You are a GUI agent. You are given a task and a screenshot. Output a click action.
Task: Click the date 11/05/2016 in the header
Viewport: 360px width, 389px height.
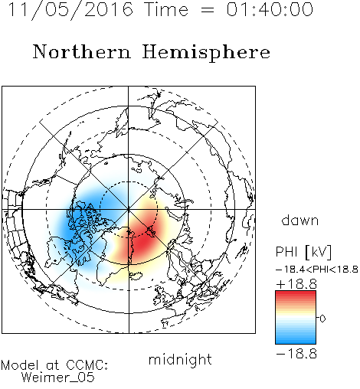(71, 10)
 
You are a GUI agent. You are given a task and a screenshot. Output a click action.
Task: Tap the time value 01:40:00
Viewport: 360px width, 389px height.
(270, 9)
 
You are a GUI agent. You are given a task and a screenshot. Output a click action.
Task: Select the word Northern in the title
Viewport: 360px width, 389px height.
(82, 51)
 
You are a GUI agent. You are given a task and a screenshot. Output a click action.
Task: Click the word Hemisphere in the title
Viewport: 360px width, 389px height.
(206, 52)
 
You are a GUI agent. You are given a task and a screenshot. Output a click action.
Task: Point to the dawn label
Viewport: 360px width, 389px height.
(300, 220)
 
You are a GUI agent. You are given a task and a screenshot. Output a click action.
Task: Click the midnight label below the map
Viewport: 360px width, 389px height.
(180, 360)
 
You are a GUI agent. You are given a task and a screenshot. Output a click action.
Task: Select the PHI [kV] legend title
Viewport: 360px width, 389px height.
(303, 252)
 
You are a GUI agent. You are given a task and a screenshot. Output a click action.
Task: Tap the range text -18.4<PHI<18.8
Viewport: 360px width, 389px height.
(317, 270)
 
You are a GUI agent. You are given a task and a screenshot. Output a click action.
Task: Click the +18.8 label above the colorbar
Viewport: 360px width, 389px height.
(296, 284)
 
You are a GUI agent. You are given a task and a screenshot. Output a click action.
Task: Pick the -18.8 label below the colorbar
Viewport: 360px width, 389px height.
(296, 354)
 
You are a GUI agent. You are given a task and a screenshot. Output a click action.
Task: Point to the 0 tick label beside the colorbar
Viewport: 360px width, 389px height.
(322, 319)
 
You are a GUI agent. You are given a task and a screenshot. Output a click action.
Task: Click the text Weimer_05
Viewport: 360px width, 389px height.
(58, 378)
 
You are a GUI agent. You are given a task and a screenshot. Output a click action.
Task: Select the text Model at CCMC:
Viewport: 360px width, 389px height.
(54, 364)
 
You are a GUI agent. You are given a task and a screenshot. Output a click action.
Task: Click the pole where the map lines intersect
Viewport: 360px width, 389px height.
(129, 210)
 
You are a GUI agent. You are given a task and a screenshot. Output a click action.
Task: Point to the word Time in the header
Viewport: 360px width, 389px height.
(166, 9)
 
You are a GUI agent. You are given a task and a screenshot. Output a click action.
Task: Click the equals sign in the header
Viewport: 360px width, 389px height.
(208, 10)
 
